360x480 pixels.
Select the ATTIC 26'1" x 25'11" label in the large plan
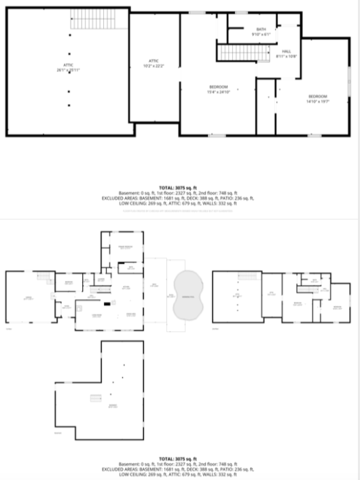[x=67, y=67]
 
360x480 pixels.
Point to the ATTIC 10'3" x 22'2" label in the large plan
[x=154, y=64]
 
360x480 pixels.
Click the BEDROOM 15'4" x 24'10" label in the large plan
[x=218, y=88]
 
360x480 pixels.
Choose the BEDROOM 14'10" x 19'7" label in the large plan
[x=317, y=98]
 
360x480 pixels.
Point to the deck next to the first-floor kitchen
[x=155, y=293]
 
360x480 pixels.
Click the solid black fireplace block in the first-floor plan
[x=106, y=305]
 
